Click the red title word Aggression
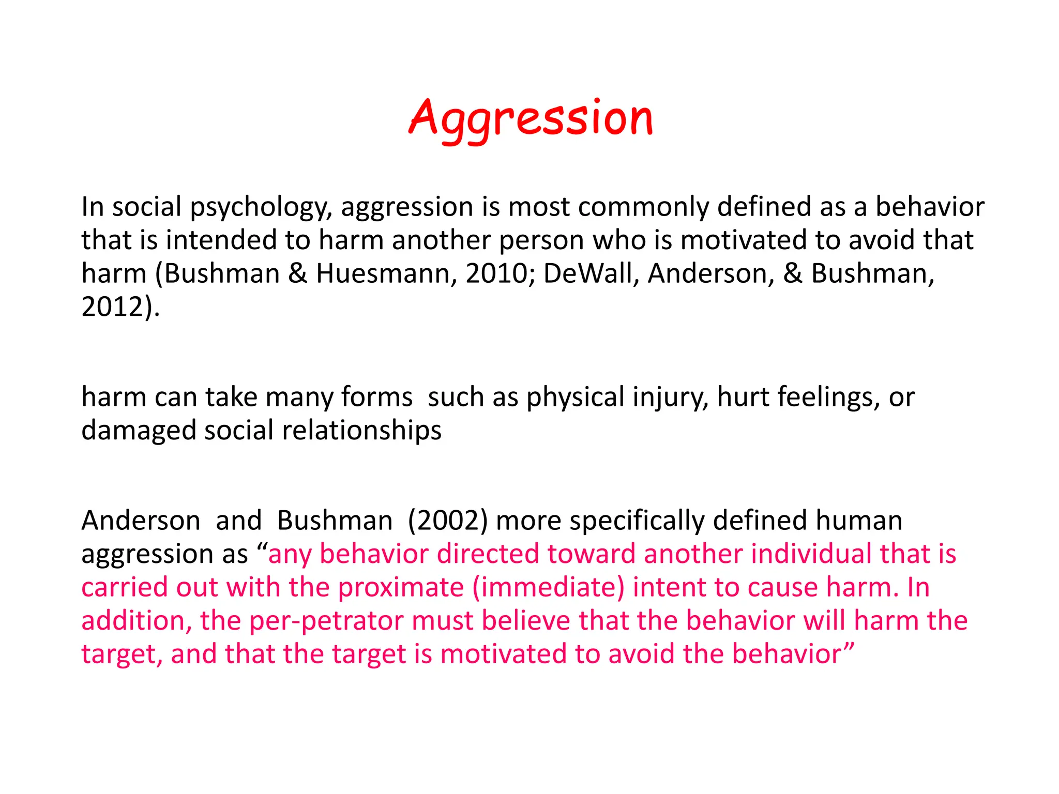coord(531,119)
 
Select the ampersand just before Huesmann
coord(297,273)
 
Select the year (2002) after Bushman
coord(448,521)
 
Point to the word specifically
coord(637,521)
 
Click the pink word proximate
coord(401,588)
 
